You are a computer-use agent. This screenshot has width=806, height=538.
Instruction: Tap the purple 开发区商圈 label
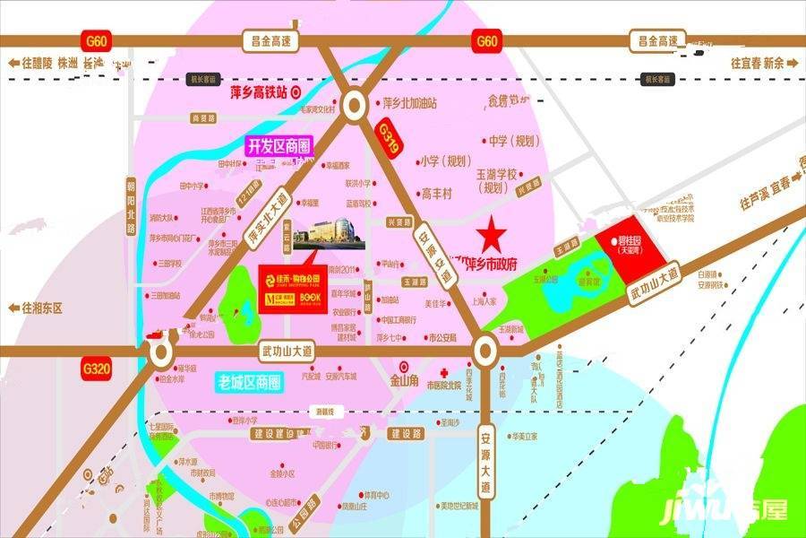point(277,146)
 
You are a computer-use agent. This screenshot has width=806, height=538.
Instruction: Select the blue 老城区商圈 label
point(250,381)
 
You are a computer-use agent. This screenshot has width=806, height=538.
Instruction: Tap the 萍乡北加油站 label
point(408,103)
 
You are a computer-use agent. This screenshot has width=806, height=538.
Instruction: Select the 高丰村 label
point(438,193)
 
